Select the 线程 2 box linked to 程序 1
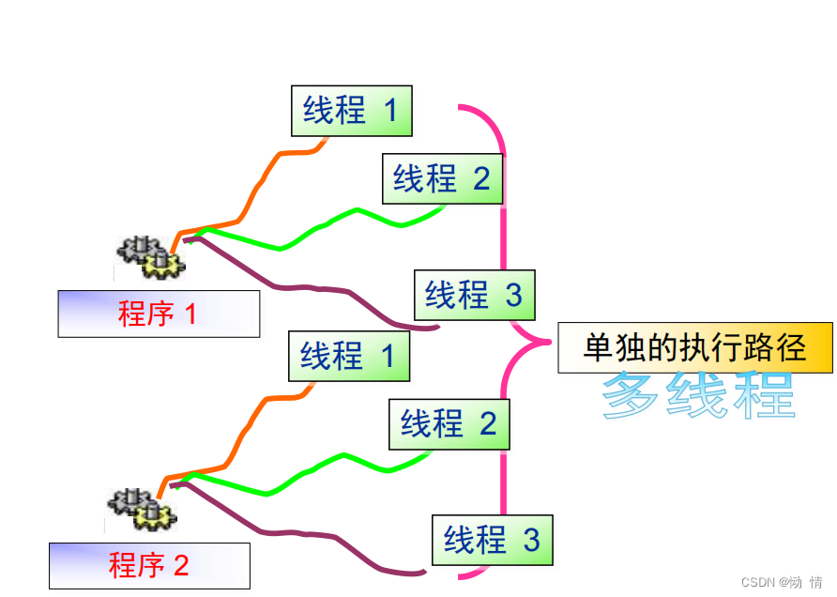[x=442, y=178]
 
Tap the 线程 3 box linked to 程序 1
[x=474, y=295]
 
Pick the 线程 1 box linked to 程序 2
[x=348, y=356]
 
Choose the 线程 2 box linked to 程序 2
[x=449, y=424]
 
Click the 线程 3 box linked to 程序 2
[x=492, y=540]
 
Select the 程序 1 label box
[x=159, y=314]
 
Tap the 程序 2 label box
[x=149, y=566]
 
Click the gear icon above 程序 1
[x=151, y=257]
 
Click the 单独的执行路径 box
[x=694, y=348]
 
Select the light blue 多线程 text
[x=699, y=395]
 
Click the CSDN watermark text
[x=782, y=582]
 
